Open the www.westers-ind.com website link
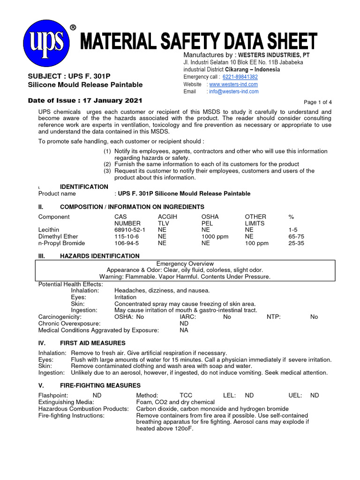233,84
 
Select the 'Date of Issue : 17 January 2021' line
85,100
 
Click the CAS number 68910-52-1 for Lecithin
130,230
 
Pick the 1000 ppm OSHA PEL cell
215,237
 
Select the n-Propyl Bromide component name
61,243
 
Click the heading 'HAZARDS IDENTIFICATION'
100,256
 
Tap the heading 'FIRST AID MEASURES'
93,343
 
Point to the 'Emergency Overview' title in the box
185,264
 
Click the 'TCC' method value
186,395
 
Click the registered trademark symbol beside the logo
73,28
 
